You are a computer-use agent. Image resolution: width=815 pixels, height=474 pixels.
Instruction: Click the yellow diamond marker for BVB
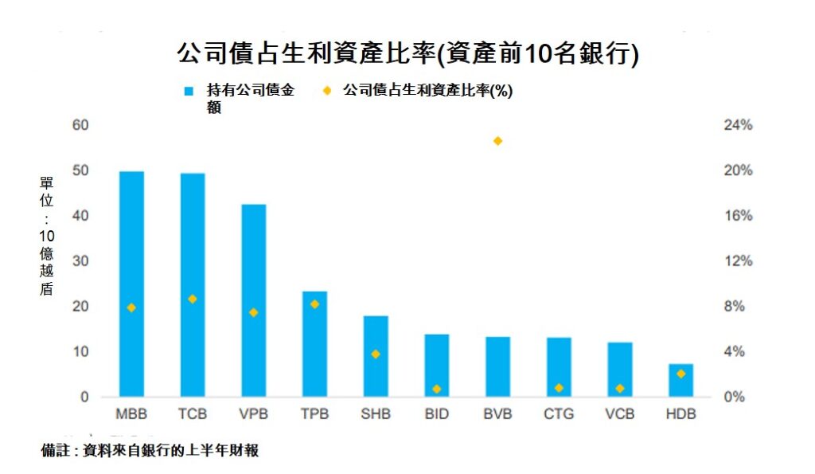click(498, 141)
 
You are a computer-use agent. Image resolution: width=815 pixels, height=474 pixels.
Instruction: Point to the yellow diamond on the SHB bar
click(376, 354)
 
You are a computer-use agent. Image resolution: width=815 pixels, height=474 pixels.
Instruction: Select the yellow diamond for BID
click(437, 389)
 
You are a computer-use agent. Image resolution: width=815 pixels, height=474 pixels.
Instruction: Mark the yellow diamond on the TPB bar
click(314, 304)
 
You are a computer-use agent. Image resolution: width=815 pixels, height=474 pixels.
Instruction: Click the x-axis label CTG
click(559, 414)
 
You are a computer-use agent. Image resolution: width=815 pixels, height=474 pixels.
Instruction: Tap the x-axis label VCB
click(619, 414)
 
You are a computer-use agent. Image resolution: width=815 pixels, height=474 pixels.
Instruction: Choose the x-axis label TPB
click(314, 414)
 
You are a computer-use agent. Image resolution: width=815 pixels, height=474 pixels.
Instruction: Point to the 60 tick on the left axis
click(80, 125)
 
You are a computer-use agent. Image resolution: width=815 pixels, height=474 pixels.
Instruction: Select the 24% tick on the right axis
click(738, 125)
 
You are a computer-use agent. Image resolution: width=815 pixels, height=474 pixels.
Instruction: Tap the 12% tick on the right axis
click(738, 261)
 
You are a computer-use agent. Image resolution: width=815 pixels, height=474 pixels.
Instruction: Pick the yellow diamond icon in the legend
click(326, 91)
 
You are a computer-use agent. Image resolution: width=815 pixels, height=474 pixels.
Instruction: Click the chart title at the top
click(407, 53)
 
